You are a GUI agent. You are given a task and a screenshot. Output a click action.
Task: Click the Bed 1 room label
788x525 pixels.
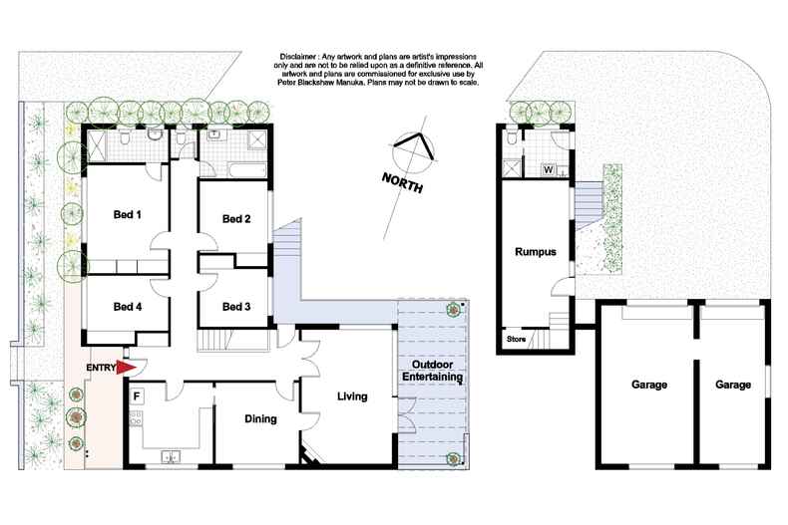pos(126,214)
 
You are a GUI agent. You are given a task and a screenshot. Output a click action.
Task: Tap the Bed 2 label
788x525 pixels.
pos(235,219)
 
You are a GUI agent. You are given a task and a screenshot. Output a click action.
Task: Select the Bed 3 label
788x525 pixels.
pos(235,306)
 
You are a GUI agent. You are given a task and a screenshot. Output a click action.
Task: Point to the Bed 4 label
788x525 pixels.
pos(126,306)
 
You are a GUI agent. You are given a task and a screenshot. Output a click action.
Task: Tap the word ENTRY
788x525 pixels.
pos(101,368)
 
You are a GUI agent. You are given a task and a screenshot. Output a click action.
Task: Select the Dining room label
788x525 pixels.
pos(260,418)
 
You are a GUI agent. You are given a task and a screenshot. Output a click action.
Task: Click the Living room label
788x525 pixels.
pos(352,396)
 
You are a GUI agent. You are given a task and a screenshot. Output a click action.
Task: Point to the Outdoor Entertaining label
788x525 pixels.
pos(431,372)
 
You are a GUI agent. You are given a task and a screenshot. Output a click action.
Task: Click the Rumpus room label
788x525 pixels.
pos(535,252)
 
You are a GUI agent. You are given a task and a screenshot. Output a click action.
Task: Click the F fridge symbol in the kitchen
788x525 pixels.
pos(136,395)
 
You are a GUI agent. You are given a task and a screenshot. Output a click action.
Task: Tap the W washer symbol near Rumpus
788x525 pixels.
pos(548,169)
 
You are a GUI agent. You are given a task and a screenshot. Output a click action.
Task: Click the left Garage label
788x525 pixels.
pos(648,385)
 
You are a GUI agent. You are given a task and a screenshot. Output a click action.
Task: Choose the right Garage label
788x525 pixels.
pos(733,385)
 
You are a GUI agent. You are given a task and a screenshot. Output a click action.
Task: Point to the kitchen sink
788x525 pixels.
pos(171,457)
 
